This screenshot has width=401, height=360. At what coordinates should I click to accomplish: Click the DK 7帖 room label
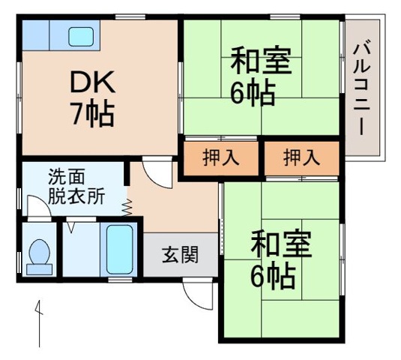coord(92,97)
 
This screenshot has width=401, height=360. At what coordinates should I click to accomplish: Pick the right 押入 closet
coord(301,157)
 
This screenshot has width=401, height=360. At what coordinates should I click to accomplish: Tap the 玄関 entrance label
coord(180,255)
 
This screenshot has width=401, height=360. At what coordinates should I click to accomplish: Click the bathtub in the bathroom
coord(120,248)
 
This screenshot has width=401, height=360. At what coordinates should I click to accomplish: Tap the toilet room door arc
coord(37,208)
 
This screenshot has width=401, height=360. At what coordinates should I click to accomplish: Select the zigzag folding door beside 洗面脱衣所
coord(129,206)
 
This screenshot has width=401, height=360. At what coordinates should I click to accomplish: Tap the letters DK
coord(91,80)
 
